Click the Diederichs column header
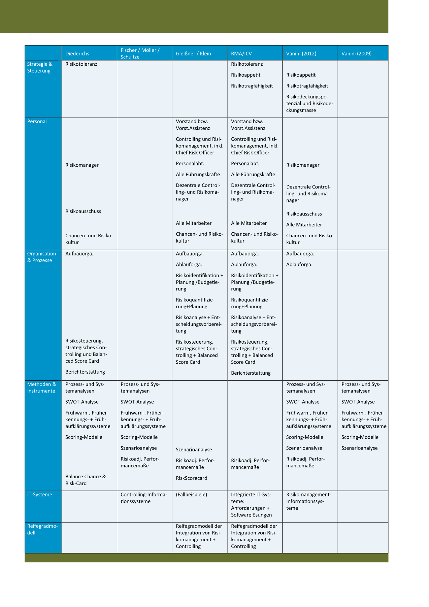click(77, 53)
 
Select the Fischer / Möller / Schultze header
click(140, 53)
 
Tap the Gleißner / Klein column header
click(193, 53)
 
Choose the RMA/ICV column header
click(241, 53)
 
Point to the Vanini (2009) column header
click(356, 53)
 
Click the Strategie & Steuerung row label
click(40, 67)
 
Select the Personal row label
click(37, 121)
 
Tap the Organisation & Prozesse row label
click(42, 257)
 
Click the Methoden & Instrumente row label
click(42, 388)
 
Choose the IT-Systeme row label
click(40, 494)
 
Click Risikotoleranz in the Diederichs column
click(81, 64)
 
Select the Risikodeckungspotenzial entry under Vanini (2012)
click(309, 103)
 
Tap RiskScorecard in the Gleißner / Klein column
click(191, 478)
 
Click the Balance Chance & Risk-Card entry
click(85, 480)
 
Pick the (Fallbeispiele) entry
click(191, 494)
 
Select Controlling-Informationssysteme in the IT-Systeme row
click(144, 498)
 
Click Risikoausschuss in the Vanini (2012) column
click(304, 214)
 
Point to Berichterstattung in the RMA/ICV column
click(250, 373)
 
